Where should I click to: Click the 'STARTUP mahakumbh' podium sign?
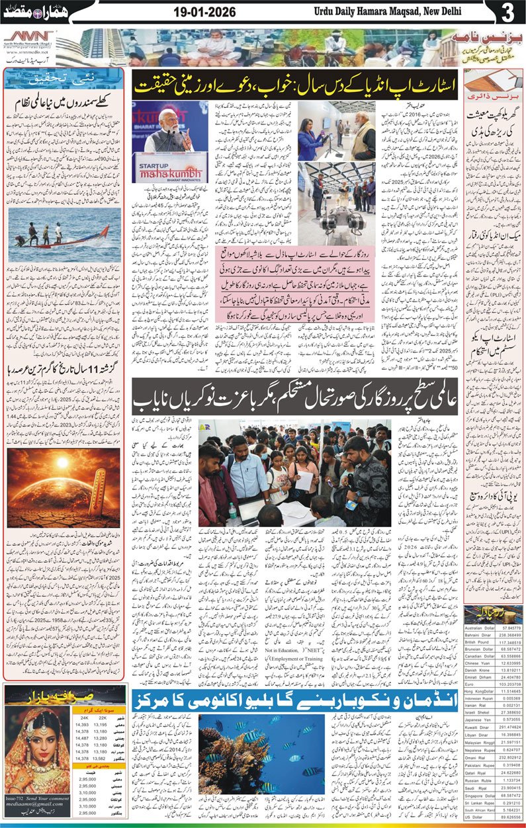coord(169,171)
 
